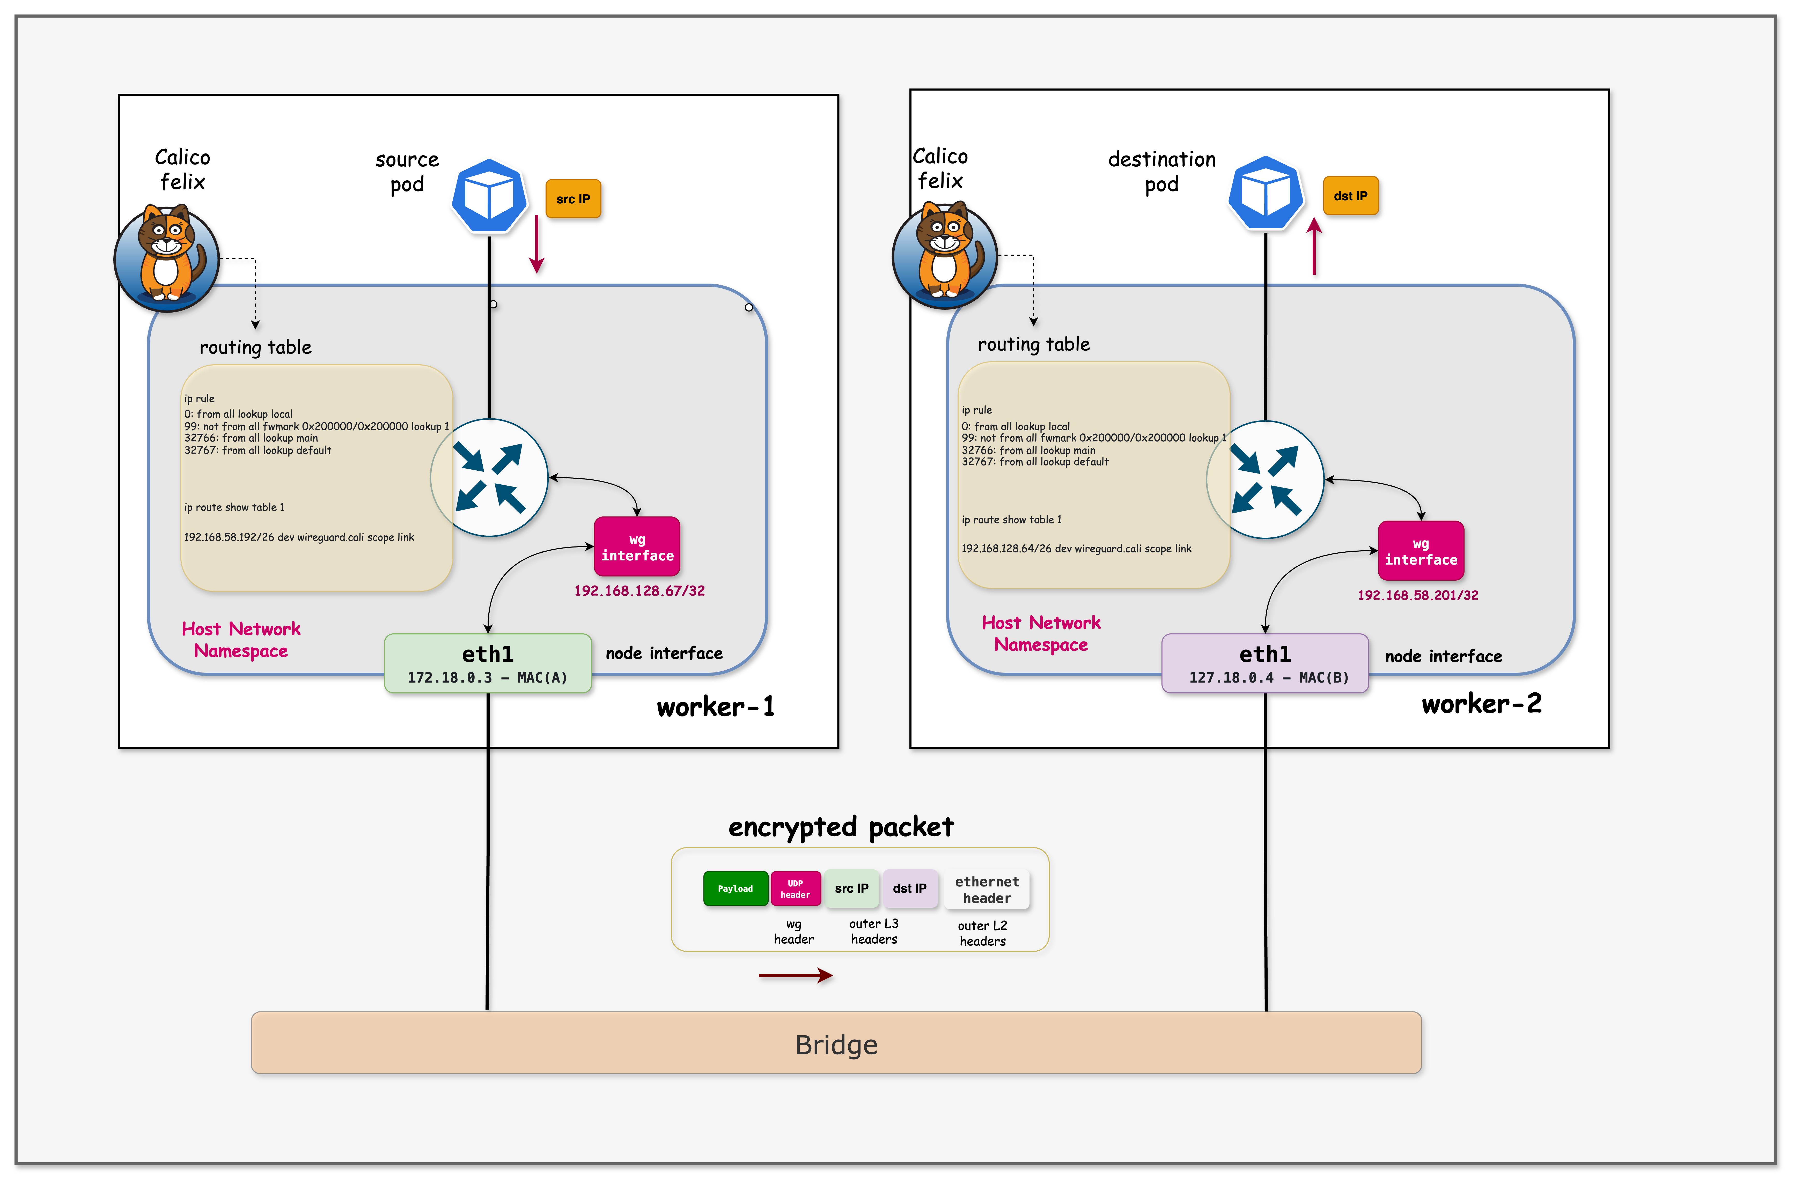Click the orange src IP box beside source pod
[573, 199]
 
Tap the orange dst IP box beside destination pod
[1350, 196]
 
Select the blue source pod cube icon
[489, 196]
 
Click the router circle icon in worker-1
[489, 477]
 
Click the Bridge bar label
[836, 1044]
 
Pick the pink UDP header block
[795, 888]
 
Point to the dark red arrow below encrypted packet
[795, 976]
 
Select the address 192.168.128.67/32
[639, 590]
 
